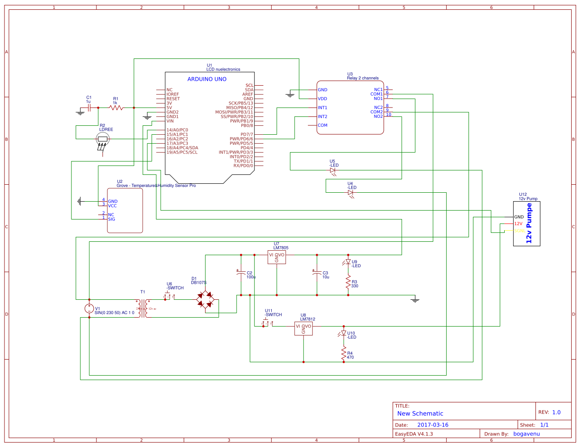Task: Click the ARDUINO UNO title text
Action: click(207, 79)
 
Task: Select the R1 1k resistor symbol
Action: click(116, 108)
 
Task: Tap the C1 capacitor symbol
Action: click(89, 108)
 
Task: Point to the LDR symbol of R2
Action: click(103, 139)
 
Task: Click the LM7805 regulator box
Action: click(277, 257)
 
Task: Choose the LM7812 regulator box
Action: click(303, 328)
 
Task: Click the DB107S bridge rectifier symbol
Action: click(205, 299)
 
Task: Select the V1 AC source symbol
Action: click(89, 308)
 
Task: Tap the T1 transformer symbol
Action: click(143, 308)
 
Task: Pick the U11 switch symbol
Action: click(266, 323)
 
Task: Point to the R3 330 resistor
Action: click(348, 281)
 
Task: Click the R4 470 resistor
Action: click(344, 355)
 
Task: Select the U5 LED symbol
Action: click(332, 170)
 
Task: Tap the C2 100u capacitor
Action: click(241, 273)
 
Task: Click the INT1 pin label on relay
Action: click(322, 108)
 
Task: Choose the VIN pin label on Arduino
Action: click(170, 121)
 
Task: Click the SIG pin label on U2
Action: click(111, 219)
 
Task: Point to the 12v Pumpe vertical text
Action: click(529, 223)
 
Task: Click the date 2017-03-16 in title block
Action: click(432, 425)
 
